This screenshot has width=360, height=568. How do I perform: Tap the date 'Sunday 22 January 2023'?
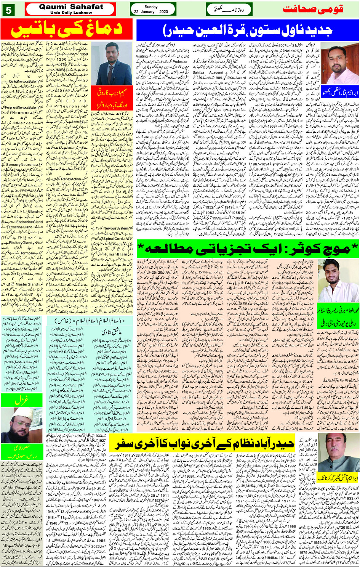(151, 9)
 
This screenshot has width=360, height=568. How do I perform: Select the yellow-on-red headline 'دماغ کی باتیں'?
(67, 29)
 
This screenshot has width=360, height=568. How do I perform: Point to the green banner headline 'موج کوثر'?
(248, 249)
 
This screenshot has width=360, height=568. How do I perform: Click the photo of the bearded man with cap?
(22, 425)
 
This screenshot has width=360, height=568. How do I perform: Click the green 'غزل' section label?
(22, 400)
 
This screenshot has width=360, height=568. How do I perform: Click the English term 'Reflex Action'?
(71, 179)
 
